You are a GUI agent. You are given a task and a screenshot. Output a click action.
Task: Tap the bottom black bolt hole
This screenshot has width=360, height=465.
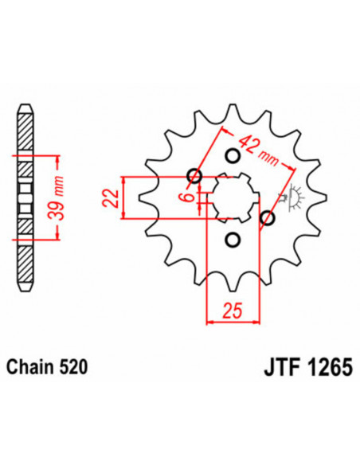coord(233,240)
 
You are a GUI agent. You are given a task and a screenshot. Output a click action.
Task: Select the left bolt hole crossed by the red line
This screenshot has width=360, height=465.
coord(194,176)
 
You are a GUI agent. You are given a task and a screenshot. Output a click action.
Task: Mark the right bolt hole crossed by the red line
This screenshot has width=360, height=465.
coord(268,217)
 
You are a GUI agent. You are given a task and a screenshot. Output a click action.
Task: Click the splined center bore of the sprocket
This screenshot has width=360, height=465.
coord(231,197)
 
